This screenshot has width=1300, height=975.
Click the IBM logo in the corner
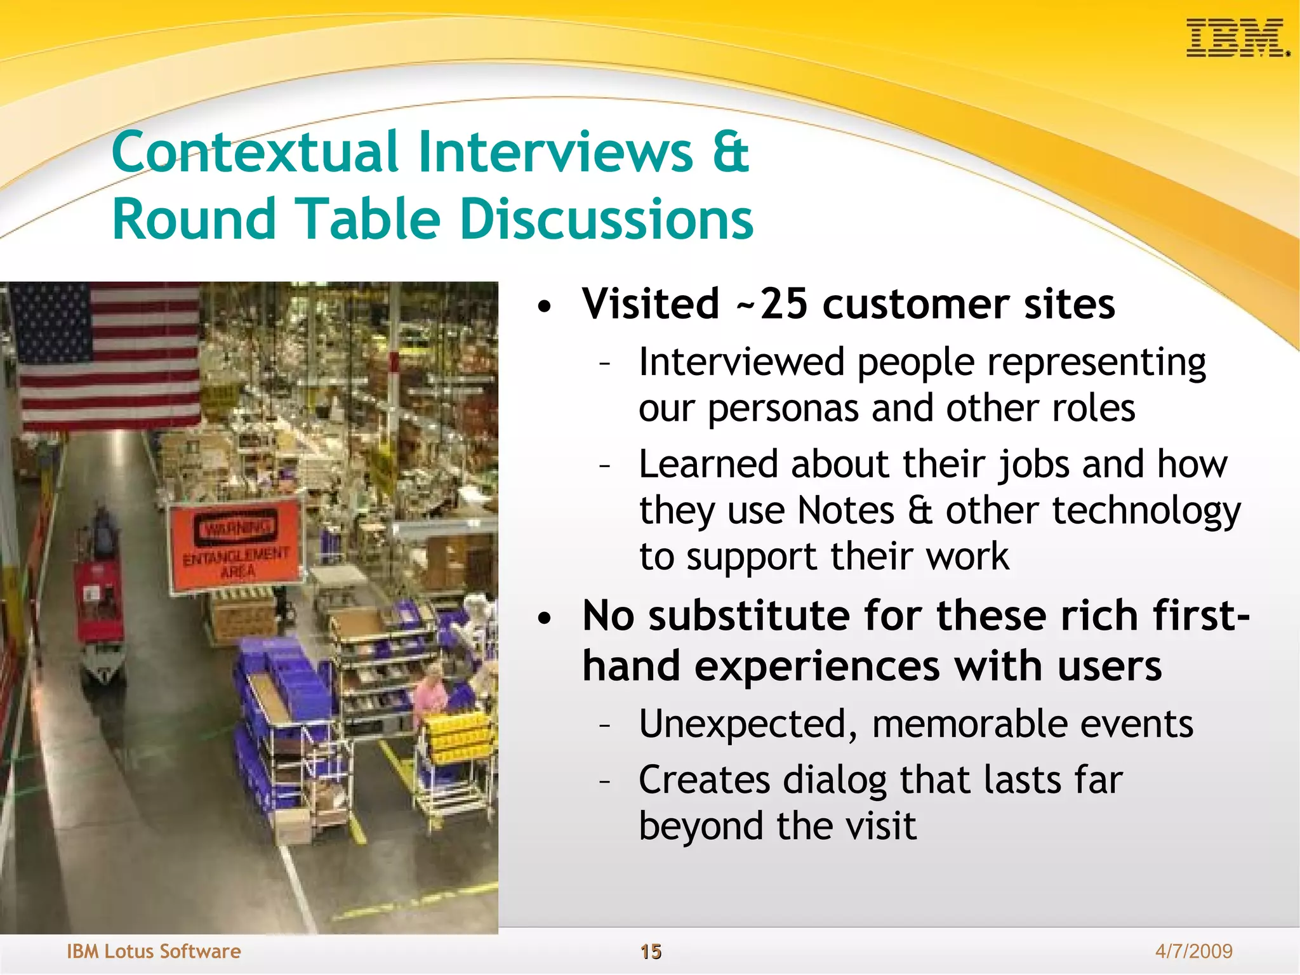1237,37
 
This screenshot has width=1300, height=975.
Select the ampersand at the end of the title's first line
730,152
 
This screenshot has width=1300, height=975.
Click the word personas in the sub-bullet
783,408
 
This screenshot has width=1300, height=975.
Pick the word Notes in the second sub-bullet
846,510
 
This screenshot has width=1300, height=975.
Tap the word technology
1146,512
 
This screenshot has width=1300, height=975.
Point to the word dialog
835,781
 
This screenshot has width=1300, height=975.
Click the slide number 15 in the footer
651,952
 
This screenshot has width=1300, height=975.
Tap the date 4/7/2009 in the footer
1193,951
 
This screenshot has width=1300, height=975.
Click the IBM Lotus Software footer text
154,952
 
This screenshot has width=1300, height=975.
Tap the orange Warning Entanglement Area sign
235,546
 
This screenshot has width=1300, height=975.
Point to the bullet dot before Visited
545,307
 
